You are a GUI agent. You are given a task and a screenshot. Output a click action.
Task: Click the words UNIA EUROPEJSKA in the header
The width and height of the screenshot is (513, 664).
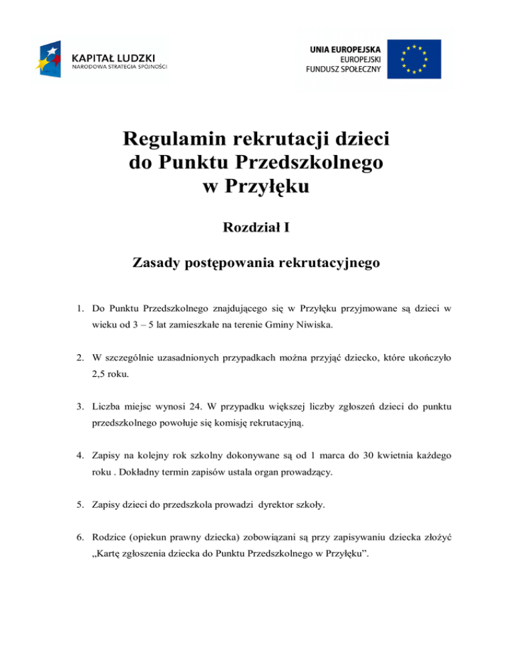tap(347, 49)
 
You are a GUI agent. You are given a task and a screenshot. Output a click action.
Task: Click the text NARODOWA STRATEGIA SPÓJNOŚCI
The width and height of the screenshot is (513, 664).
tap(119, 66)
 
